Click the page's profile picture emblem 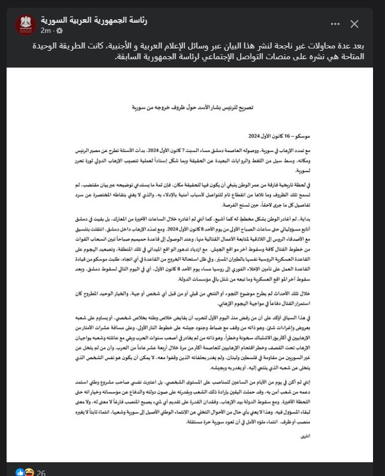click(x=26, y=25)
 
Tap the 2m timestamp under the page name click(x=46, y=30)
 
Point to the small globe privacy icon click(x=59, y=30)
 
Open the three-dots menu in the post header click(x=335, y=24)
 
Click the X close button click(x=354, y=24)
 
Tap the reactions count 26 click(x=41, y=472)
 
